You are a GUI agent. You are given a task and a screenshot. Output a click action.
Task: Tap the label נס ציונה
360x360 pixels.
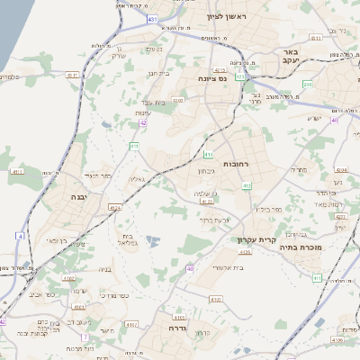click(220, 78)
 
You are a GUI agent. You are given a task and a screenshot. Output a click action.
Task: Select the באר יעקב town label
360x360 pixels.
click(290, 58)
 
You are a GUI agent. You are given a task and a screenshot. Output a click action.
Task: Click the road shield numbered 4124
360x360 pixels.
click(114, 208)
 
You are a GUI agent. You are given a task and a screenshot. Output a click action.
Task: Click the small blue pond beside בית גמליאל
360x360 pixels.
click(152, 241)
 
